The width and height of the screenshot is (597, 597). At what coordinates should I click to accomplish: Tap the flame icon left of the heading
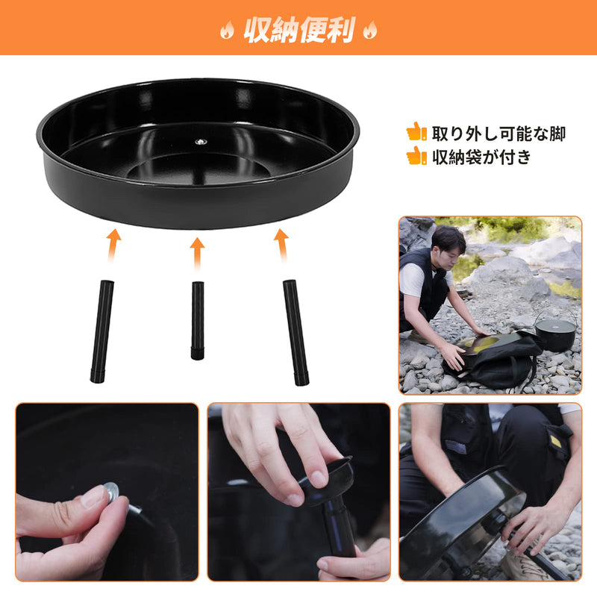227,31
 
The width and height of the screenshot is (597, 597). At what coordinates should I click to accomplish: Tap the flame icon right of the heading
369,31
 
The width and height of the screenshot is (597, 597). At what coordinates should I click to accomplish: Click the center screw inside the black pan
199,141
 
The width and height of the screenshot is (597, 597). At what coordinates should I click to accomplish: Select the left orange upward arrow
113,244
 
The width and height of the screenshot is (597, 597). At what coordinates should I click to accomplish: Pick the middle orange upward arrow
198,252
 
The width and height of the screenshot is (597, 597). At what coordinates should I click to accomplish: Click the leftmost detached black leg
102,331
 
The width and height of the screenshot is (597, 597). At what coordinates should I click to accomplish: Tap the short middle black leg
198,320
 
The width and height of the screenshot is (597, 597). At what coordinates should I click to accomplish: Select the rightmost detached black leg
296,332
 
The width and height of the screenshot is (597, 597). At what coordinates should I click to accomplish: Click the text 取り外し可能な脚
498,134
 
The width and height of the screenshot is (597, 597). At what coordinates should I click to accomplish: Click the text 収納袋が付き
482,157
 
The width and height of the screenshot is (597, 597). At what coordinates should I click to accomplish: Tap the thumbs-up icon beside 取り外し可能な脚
416,132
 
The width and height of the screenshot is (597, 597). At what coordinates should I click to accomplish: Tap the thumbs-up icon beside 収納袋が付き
416,156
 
